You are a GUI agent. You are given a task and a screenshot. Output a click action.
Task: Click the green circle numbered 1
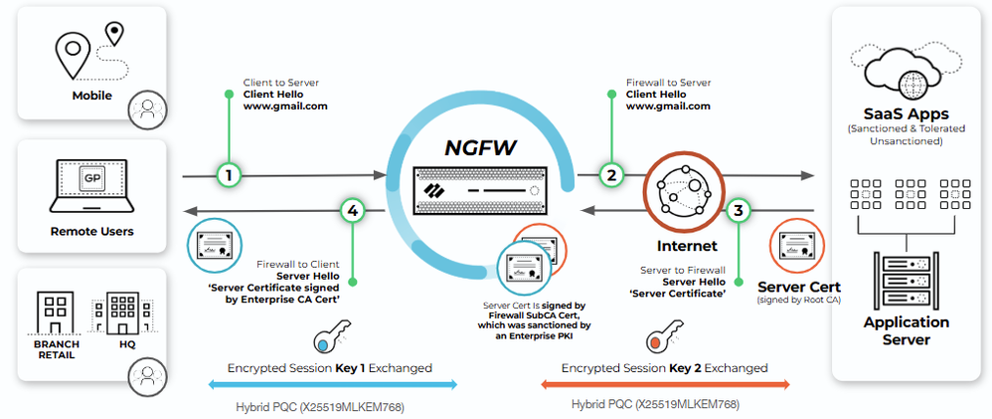[x=230, y=174]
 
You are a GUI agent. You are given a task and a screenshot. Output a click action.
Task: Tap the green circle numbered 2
[x=611, y=174]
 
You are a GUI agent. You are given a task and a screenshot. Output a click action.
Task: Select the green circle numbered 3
[x=739, y=210]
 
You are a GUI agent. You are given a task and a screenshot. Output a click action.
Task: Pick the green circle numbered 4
[x=354, y=210]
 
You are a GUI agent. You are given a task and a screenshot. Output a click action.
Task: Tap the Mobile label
[x=91, y=96]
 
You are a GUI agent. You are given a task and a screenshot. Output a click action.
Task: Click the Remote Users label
[x=91, y=231]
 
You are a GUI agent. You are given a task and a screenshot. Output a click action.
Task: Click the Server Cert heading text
[x=799, y=286]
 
